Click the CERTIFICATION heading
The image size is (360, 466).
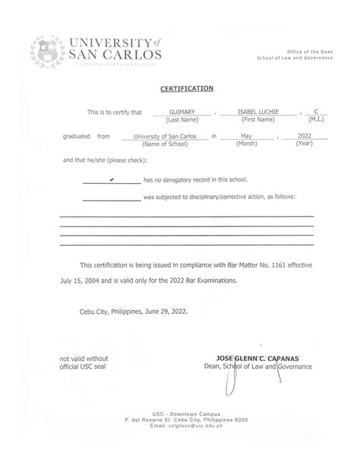[187, 88]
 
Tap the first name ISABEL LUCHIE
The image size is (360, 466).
[258, 111]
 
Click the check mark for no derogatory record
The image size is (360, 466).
[112, 179]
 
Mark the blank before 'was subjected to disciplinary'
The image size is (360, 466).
[111, 197]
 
